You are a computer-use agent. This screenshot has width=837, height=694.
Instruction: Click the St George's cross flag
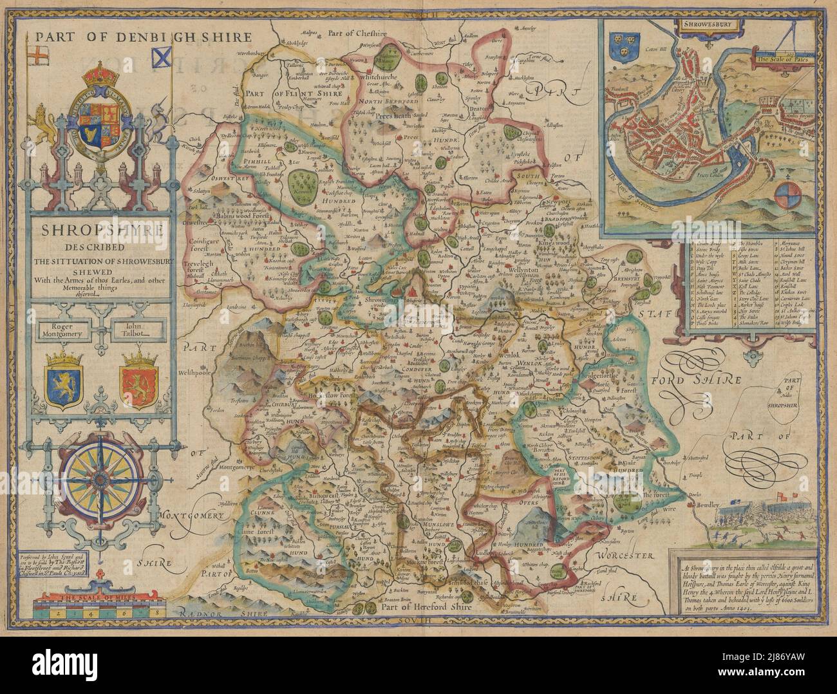point(42,51)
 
